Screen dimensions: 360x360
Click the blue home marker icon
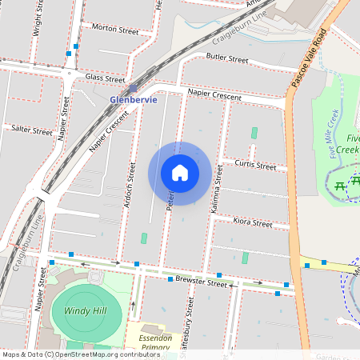180,173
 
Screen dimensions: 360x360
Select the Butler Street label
227,58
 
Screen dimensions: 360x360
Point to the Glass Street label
106,78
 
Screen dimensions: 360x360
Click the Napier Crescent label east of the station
214,94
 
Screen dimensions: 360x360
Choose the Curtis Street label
254,166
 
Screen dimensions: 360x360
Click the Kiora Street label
253,222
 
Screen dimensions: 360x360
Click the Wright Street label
38,18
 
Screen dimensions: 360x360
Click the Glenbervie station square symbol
133,89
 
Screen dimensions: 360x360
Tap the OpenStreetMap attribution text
70,354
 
